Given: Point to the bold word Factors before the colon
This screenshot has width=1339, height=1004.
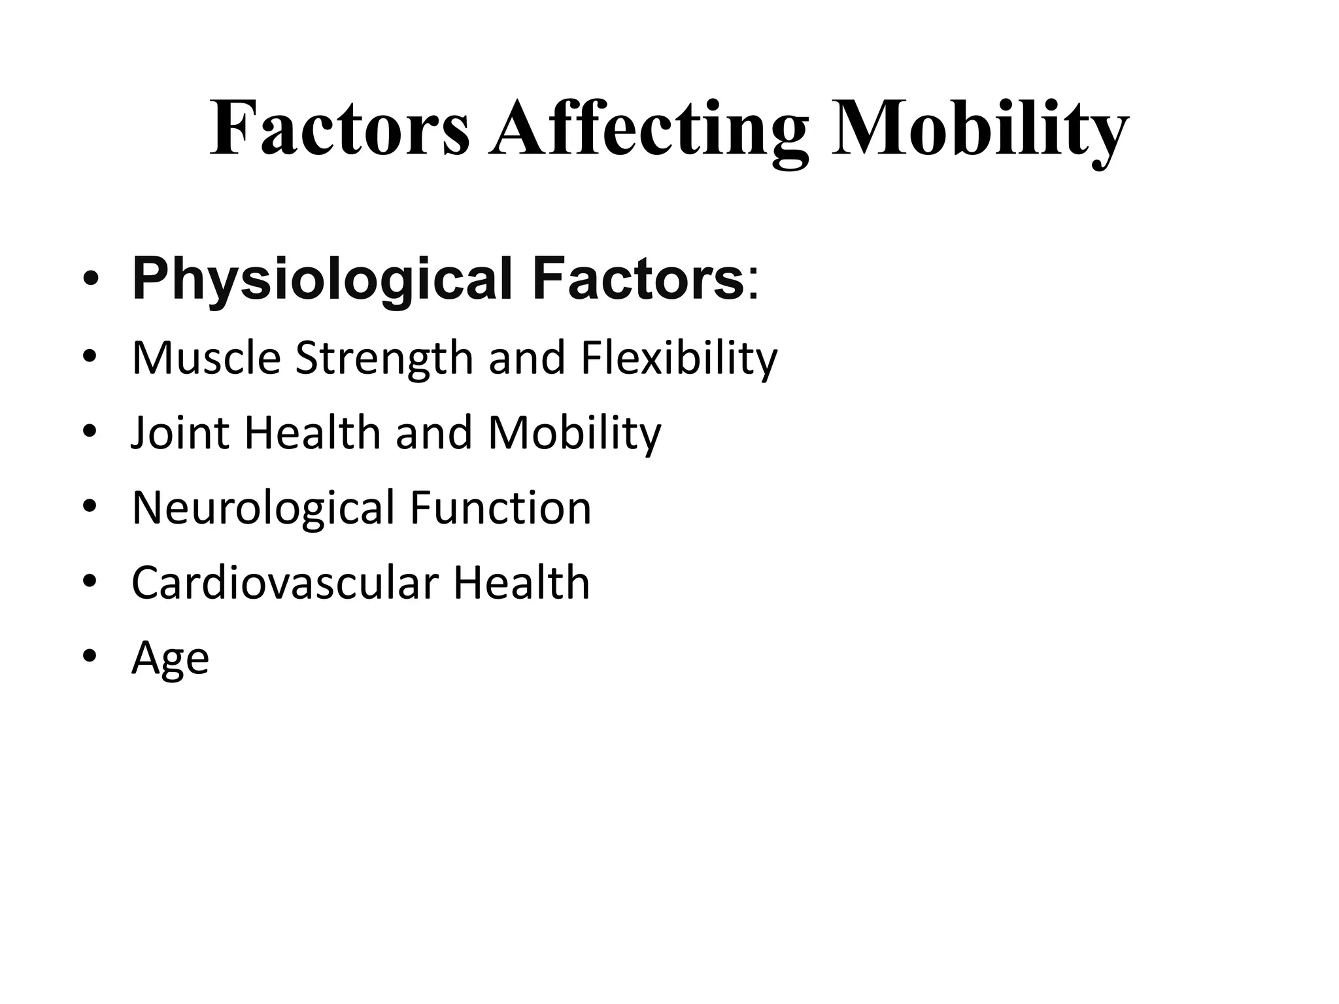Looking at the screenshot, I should [637, 279].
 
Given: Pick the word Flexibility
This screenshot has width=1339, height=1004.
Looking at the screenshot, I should [679, 360].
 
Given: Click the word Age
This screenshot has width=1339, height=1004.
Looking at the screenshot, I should [170, 658].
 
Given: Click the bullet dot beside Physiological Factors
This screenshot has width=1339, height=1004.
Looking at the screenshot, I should [90, 281].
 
